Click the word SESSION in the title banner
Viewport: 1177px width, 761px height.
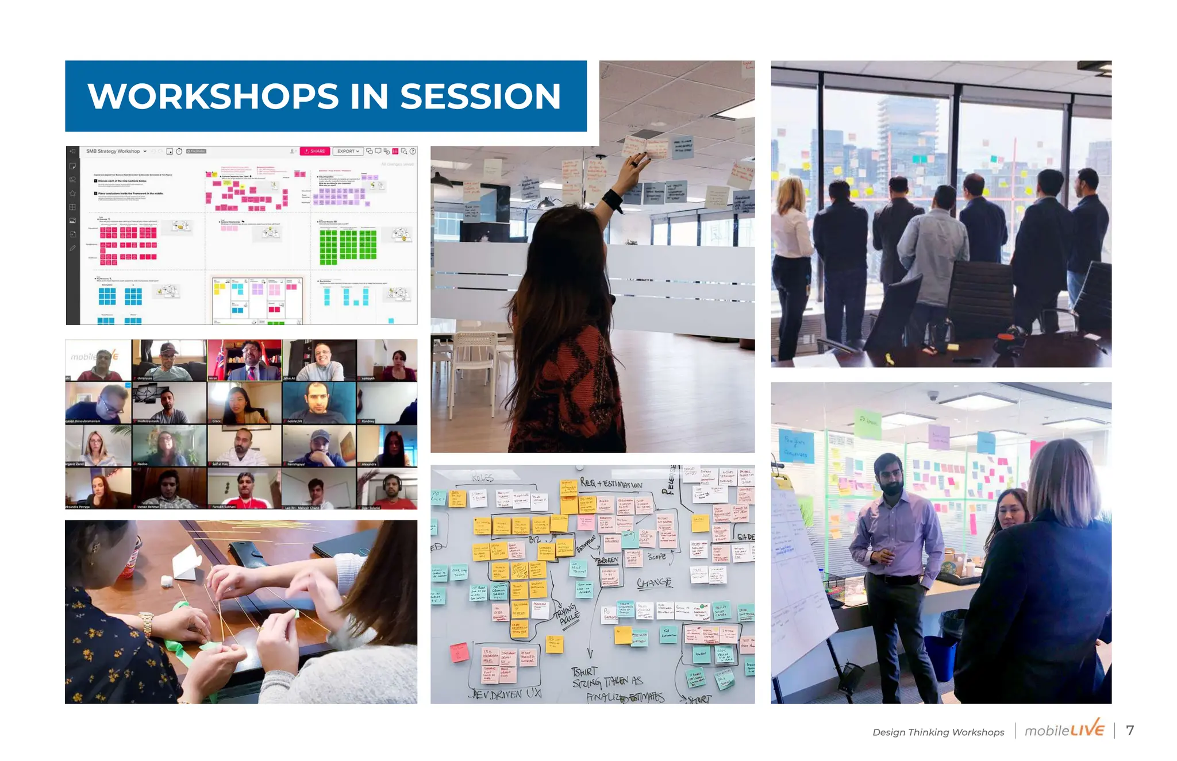point(480,96)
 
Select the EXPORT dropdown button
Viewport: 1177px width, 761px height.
point(348,151)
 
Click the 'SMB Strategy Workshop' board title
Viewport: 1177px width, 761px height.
point(113,151)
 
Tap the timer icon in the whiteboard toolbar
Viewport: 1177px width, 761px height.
point(179,151)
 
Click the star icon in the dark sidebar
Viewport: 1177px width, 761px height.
point(72,193)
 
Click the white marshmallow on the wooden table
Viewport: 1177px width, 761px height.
point(167,581)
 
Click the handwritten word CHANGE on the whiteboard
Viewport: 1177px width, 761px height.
point(654,582)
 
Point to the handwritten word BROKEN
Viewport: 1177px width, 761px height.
point(607,559)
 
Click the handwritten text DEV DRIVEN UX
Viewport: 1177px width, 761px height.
point(506,694)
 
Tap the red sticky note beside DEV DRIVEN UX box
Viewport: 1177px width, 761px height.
point(459,652)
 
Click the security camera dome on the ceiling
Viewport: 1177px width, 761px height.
point(933,395)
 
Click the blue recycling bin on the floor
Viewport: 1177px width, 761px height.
point(940,659)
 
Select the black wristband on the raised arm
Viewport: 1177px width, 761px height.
point(613,200)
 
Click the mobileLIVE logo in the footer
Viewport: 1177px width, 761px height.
point(1064,730)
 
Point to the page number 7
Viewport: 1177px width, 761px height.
point(1130,731)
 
